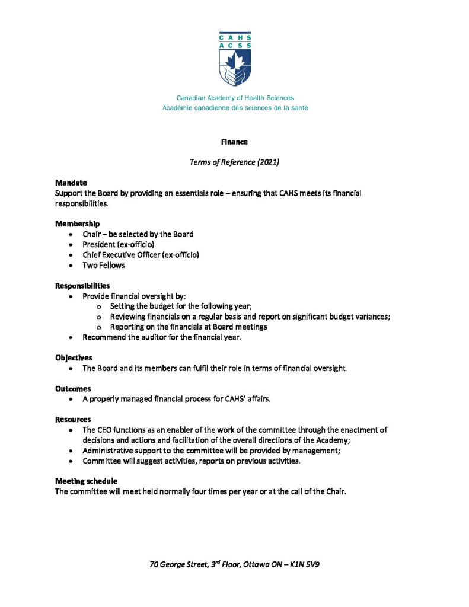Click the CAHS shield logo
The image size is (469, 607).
point(235,59)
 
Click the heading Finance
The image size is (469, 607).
point(234,142)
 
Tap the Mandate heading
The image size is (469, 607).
point(71,184)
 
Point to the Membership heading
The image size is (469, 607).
point(78,223)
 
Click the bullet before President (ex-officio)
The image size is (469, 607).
point(71,245)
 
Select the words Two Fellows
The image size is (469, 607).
point(104,266)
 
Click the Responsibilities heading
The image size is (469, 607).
point(82,286)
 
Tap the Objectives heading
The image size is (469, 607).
point(74,357)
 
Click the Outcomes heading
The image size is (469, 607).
point(74,388)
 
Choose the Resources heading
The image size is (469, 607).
point(73,419)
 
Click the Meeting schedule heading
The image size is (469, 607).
point(86,481)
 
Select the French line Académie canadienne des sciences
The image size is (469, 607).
point(235,108)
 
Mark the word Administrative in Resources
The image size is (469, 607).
point(110,451)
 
